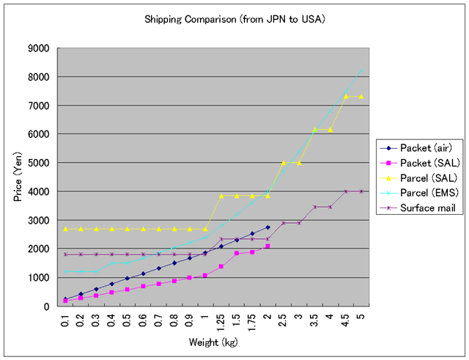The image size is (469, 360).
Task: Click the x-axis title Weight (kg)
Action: pyautogui.click(x=213, y=342)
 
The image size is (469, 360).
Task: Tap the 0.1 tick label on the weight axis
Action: pyautogui.click(x=65, y=320)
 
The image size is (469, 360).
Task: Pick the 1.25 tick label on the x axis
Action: pyautogui.click(x=221, y=322)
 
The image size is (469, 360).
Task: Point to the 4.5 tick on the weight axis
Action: pyautogui.click(x=346, y=320)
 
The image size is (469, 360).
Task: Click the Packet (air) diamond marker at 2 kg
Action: pyautogui.click(x=267, y=227)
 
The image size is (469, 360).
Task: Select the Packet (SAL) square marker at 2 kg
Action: pyautogui.click(x=267, y=246)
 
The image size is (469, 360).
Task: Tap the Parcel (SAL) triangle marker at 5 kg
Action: pyautogui.click(x=361, y=96)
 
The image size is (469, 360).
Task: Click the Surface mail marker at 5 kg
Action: pyautogui.click(x=361, y=191)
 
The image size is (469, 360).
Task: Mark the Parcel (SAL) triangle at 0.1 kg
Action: pyautogui.click(x=65, y=229)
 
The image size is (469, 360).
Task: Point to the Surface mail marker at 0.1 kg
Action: pyautogui.click(x=65, y=254)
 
